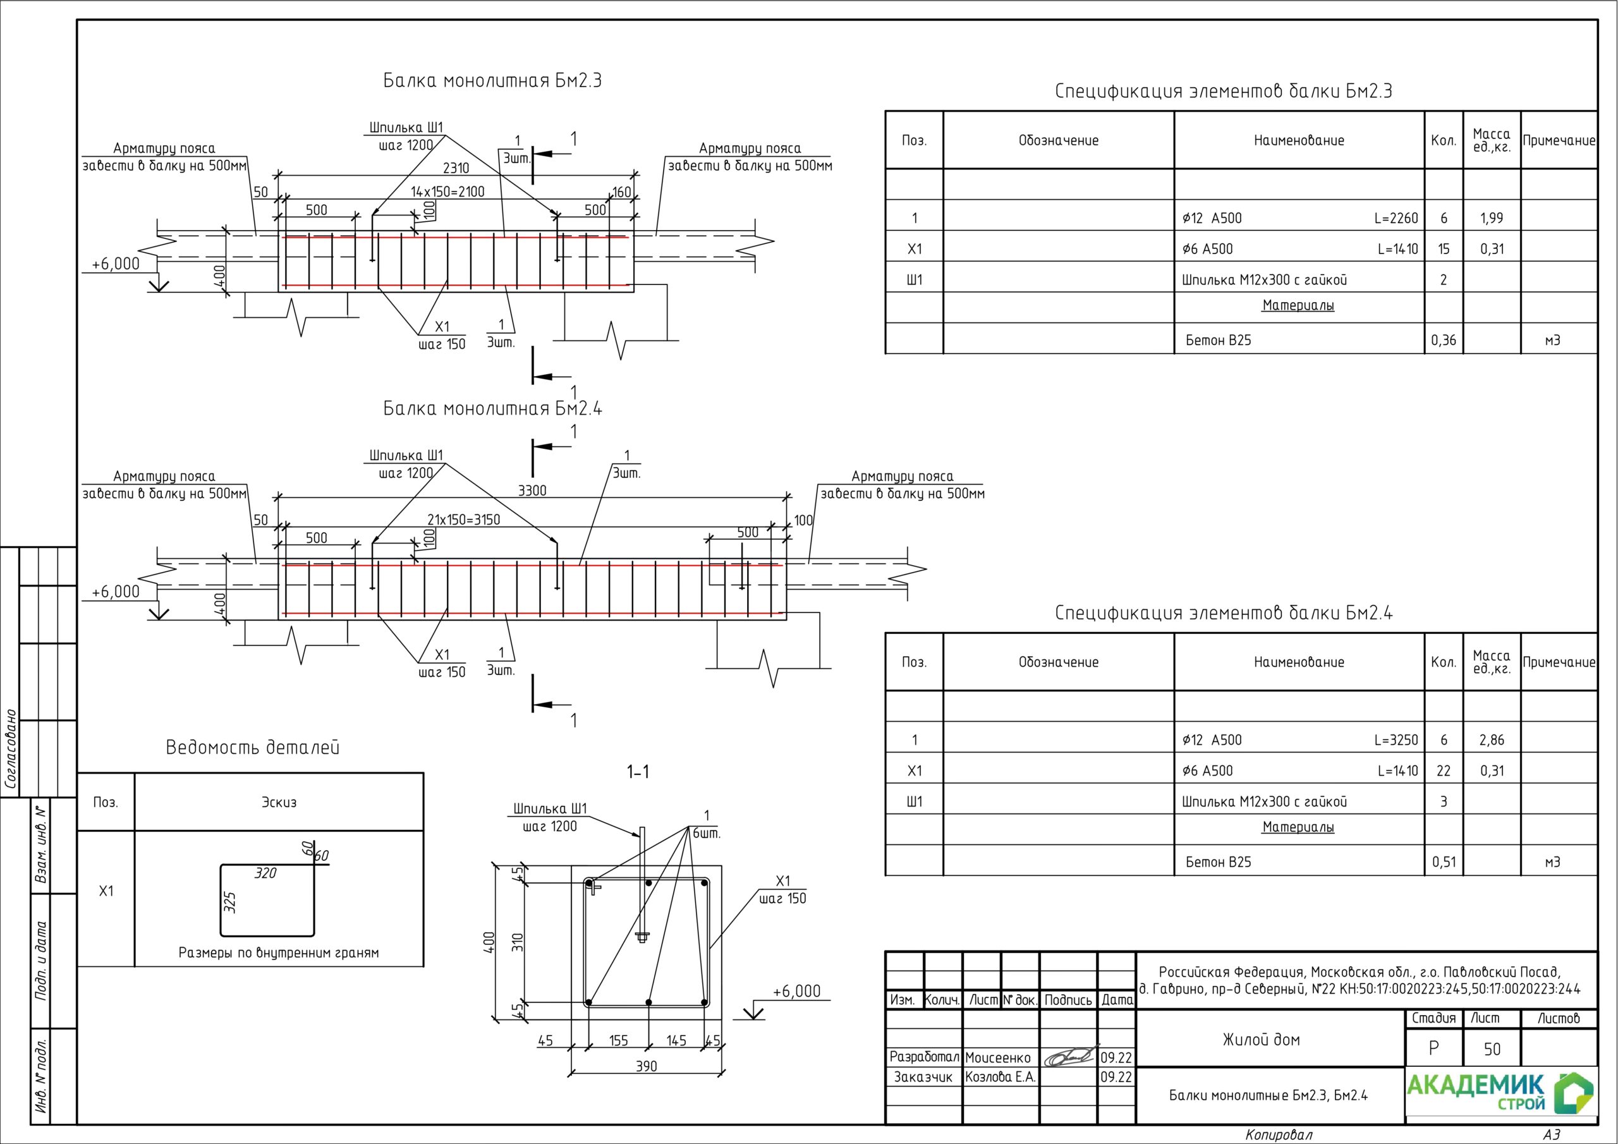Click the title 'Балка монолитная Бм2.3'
point(492,80)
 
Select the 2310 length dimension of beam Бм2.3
point(456,167)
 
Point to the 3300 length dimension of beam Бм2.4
point(532,490)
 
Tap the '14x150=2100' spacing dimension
point(447,192)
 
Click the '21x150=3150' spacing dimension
point(464,520)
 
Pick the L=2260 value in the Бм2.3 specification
point(1396,218)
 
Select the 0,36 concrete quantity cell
point(1443,340)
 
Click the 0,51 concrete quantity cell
point(1443,861)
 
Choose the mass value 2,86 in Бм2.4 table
point(1491,739)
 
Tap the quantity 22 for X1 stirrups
point(1443,770)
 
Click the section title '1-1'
point(638,772)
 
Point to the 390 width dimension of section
point(646,1066)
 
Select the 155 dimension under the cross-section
point(618,1040)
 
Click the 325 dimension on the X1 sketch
point(229,902)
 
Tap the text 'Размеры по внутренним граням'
point(278,953)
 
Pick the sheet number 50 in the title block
point(1492,1049)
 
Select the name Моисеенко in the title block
point(997,1057)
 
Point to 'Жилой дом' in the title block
point(1261,1039)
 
